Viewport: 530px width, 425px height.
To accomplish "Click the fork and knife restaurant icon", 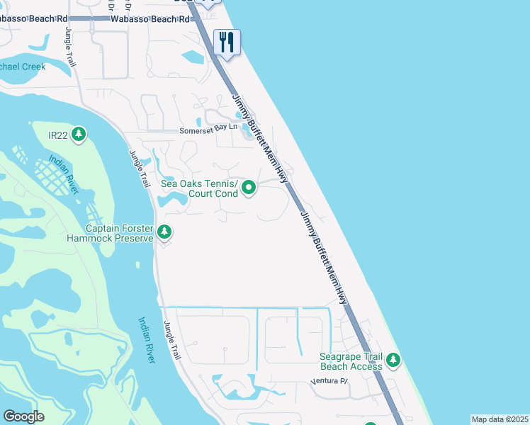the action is [227, 42].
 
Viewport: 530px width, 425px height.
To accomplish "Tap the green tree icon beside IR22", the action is [79, 134].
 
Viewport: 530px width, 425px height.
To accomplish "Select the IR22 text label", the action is [57, 135].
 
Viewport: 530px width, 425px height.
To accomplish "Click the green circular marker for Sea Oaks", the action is [249, 188].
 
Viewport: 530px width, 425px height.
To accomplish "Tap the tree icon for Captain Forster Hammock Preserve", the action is [164, 232].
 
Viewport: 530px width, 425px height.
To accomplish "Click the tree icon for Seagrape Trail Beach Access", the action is [393, 361].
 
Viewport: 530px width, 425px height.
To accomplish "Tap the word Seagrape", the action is [343, 356].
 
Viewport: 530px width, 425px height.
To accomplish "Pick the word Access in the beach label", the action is [366, 366].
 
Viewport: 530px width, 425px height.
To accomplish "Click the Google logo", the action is [23, 416].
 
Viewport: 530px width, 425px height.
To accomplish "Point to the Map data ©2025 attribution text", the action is [500, 419].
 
